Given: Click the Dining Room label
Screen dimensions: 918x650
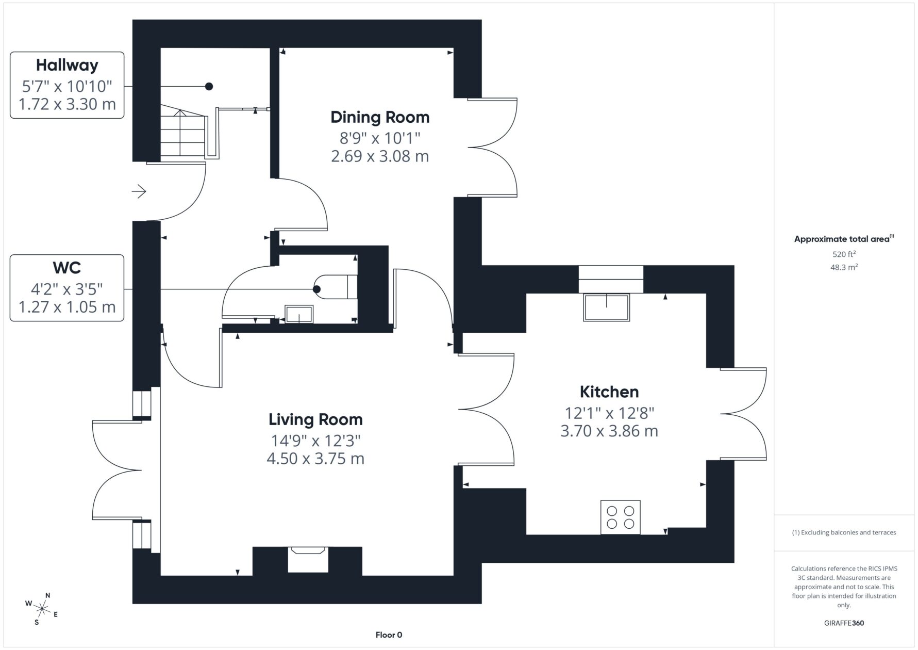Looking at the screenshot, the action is coord(380,117).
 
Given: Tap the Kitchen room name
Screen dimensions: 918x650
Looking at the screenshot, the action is coord(609,392).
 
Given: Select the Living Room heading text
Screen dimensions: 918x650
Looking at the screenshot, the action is coord(315,419).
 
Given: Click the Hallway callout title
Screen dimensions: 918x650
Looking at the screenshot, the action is coord(67,65).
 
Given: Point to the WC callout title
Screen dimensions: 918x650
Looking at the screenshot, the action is coord(67,268).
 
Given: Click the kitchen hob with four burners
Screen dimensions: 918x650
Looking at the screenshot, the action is coord(621,517).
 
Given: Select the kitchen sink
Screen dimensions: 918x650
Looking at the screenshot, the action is coord(607,307).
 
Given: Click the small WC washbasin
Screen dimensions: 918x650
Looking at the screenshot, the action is coord(299,314).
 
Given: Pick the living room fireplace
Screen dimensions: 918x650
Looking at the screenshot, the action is coord(308,560).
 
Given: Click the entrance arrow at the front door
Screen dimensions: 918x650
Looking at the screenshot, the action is coord(139,192).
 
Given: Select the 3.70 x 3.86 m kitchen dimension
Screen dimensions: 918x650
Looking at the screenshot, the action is coord(609,431).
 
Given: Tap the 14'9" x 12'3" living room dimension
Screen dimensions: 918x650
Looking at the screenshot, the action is coord(315,441).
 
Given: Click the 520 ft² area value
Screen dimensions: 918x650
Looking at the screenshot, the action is coord(844,254).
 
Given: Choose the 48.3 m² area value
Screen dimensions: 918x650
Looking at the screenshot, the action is coord(844,267).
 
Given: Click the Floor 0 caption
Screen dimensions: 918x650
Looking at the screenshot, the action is coord(389,635).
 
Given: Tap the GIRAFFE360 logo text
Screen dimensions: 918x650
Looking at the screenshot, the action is coord(844,623).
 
